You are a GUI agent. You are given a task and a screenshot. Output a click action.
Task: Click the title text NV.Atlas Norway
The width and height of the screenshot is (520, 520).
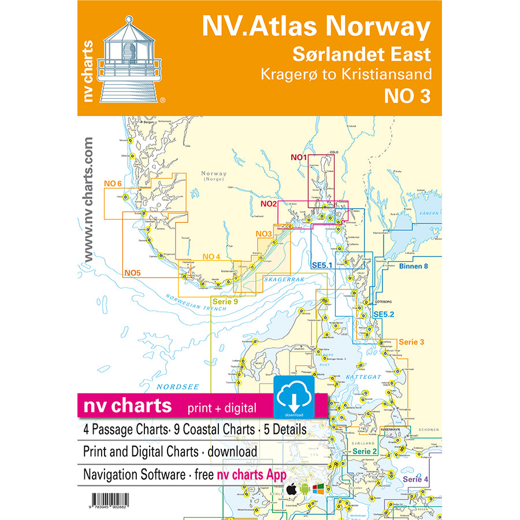[x=315, y=27]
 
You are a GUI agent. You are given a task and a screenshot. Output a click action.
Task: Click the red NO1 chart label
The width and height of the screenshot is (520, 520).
[x=298, y=158]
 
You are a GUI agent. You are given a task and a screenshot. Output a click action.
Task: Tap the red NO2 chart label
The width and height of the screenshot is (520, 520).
[x=269, y=204]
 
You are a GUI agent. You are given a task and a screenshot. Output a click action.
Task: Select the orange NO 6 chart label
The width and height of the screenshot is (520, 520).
[x=113, y=184]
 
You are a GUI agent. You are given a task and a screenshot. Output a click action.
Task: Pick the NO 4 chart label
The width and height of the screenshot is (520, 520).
[x=211, y=257]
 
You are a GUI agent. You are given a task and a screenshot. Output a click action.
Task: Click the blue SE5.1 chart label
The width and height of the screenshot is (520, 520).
[x=323, y=265]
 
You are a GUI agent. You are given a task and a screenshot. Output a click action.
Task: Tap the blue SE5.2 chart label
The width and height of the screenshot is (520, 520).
[x=383, y=314]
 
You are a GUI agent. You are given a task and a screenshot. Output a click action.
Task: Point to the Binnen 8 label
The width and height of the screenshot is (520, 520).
[x=414, y=266]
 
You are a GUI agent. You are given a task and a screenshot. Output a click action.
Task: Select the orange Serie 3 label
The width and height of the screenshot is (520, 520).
[x=411, y=342]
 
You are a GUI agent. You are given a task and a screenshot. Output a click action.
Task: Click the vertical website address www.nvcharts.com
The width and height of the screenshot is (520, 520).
[x=88, y=200]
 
